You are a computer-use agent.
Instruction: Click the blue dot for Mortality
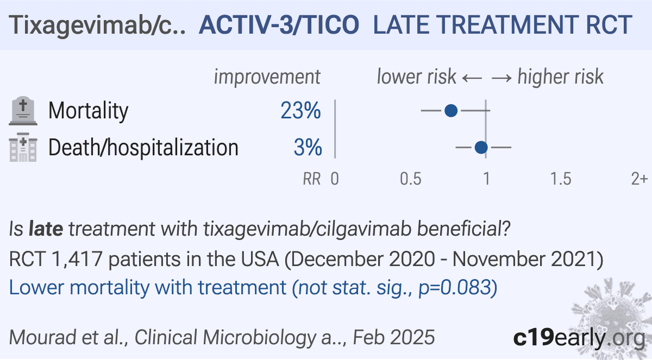coord(451,111)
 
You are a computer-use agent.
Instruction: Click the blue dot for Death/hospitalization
coord(481,148)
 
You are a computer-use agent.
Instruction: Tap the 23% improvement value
coord(300,111)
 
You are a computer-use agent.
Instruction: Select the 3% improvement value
coord(308,148)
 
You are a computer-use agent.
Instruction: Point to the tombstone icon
coord(23,111)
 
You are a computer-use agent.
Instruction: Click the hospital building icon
coord(23,147)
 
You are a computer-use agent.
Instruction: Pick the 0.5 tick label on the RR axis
coord(410,179)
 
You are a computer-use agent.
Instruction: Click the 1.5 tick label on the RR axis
coord(561,179)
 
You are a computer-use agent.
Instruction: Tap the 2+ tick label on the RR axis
coord(639,179)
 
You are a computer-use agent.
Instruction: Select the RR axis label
coord(312,179)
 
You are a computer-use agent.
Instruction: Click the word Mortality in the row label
coord(88,111)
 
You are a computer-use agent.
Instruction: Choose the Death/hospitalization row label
coord(143,148)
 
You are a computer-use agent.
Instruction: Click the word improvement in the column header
coord(267,77)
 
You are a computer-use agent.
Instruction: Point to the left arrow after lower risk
coord(472,78)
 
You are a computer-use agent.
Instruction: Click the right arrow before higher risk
coord(501,78)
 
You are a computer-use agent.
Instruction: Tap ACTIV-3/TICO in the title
coord(279,25)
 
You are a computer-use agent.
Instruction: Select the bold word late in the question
coord(46,229)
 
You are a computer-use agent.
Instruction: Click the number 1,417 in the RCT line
coord(77,259)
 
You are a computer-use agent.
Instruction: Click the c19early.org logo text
coord(579,338)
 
